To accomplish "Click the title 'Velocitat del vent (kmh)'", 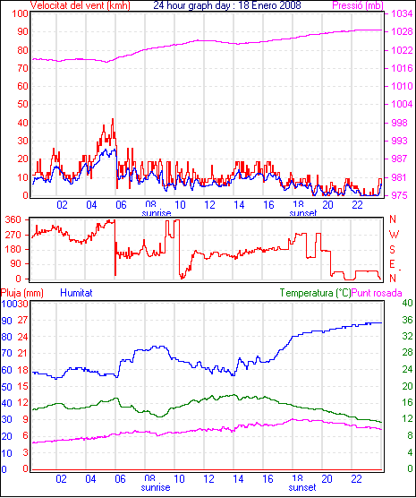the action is click(80, 5).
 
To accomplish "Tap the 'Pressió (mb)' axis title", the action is click(358, 5).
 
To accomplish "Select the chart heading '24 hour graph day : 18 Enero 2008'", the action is click(227, 5).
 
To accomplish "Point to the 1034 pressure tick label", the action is click(402, 13).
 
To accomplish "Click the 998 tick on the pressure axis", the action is click(399, 123).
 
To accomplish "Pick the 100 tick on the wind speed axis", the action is click(20, 14).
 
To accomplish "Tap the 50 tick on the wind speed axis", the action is click(22, 104).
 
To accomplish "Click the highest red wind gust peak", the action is click(113, 119).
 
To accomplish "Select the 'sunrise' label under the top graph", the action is click(157, 213).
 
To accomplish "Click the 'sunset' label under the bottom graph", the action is click(302, 487).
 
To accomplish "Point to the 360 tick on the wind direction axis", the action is click(13, 219).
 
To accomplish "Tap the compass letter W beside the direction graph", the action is click(394, 235).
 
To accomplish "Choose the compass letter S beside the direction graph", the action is click(393, 250).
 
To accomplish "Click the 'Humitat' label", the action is click(76, 293).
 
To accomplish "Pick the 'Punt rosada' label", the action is click(377, 293).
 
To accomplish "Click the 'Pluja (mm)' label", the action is click(21, 293).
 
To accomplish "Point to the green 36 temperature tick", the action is click(407, 320).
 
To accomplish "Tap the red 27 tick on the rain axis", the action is click(23, 320).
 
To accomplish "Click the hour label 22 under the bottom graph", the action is click(356, 478).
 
